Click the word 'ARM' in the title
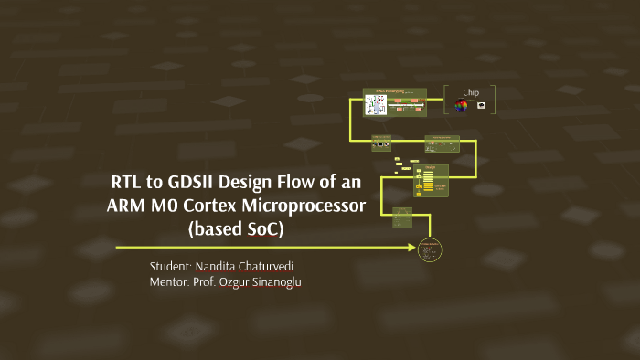128,206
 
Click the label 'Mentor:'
169,282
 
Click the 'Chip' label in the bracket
470,92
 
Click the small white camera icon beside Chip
481,106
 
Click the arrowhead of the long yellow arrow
411,248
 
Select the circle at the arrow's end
430,249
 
